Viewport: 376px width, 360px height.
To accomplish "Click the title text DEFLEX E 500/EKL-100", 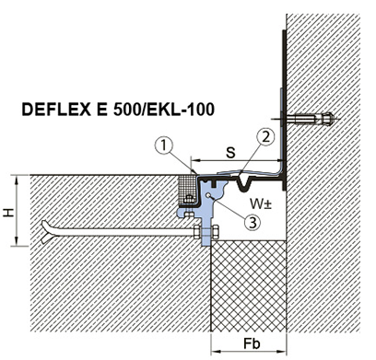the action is coord(118,110).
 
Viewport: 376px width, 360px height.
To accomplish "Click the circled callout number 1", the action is coord(164,145).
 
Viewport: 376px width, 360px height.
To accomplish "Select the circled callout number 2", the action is coord(265,137).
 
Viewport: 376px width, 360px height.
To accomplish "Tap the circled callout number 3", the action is coord(253,222).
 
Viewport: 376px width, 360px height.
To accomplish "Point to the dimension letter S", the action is coord(230,153).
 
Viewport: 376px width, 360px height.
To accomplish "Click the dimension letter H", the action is coord(9,212).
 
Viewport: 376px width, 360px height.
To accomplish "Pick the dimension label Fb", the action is coord(252,344).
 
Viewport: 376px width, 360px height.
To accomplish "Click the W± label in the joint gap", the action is coord(261,203).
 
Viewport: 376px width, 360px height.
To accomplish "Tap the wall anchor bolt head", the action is coord(327,119).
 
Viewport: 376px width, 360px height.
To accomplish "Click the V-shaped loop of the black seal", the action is coord(244,184).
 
